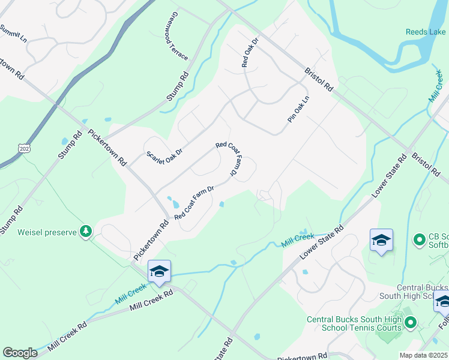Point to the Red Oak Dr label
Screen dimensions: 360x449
coord(249,52)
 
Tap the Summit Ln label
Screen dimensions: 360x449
coord(14,33)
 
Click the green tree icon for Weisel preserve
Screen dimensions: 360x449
coord(86,231)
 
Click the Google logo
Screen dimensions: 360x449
coord(20,353)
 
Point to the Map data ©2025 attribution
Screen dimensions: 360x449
coord(424,355)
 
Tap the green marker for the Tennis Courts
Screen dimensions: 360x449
coord(411,323)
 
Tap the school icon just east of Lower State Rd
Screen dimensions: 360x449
coord(381,240)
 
